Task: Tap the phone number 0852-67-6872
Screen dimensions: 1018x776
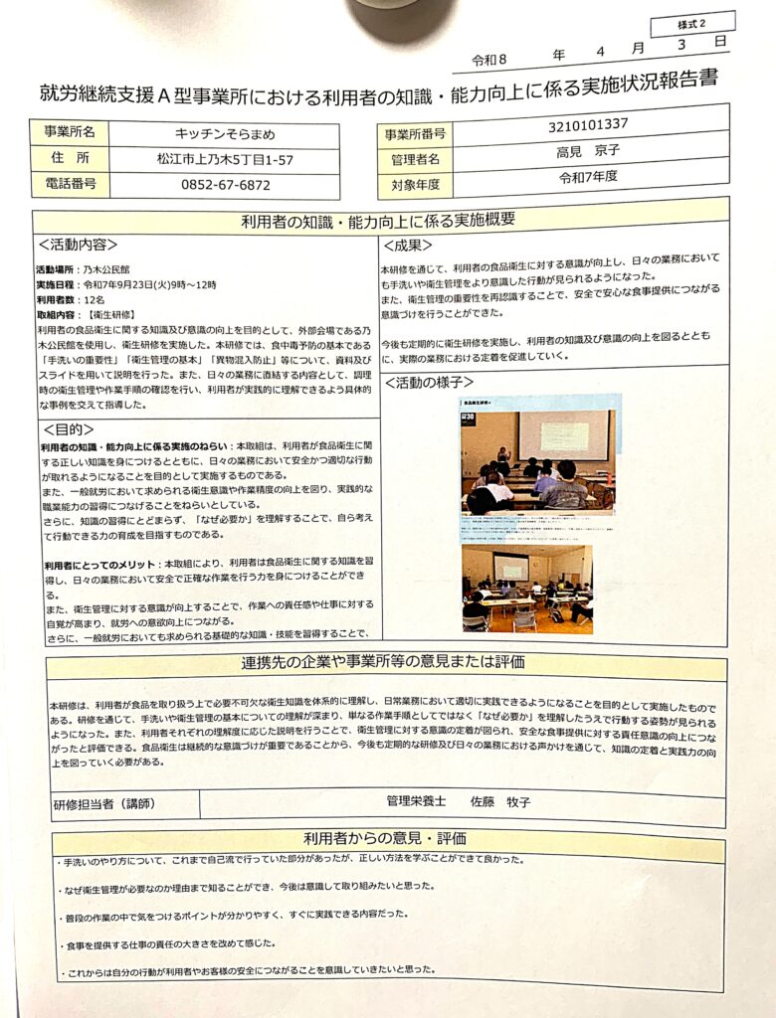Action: [224, 185]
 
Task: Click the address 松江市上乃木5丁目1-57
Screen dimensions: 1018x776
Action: [225, 159]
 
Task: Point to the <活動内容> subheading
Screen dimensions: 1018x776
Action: [79, 245]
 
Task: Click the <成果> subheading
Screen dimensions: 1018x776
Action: [409, 246]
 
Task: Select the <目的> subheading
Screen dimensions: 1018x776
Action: [69, 429]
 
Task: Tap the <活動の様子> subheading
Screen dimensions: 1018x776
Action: [429, 381]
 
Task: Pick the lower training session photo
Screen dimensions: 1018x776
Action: [526, 588]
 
